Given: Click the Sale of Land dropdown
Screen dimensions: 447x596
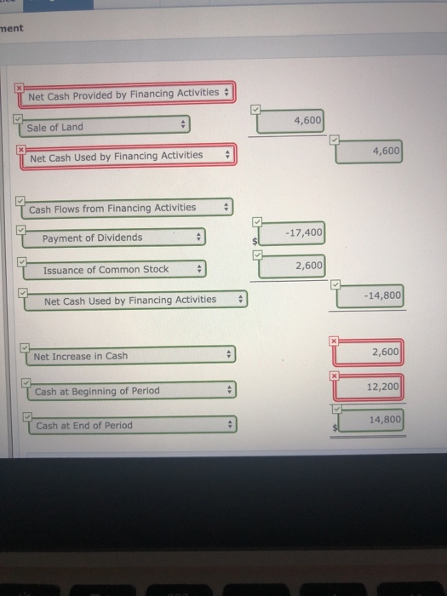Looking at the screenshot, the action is [105, 126].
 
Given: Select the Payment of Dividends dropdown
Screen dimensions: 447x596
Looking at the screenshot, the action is [114, 238].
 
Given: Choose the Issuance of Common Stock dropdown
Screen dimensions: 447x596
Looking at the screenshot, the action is [115, 270].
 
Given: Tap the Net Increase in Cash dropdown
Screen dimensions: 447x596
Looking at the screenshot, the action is [131, 355].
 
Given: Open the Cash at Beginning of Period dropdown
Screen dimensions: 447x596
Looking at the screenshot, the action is [132, 390].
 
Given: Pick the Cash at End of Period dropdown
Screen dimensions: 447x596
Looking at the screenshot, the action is [133, 425].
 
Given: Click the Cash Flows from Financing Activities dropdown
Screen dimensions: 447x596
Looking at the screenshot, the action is [128, 209].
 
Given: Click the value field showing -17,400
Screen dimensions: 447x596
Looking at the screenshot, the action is [291, 233].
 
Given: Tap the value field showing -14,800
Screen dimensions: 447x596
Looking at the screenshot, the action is [370, 295].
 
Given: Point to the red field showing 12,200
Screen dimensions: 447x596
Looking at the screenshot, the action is [369, 387].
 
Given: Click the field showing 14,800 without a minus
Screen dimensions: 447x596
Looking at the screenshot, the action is [370, 420].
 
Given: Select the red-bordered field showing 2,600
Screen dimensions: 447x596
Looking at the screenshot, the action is [368, 352].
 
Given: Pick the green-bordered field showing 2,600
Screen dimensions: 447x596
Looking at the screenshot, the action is [291, 266].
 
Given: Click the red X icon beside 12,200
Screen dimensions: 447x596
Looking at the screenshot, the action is [334, 376].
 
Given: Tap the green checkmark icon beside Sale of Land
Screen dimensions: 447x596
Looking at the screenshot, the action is [18, 119].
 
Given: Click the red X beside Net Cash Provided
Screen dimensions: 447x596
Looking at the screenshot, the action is [19, 88].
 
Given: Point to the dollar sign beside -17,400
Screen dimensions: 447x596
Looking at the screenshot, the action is [255, 241].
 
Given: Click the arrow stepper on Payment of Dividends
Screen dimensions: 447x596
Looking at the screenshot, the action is [198, 237].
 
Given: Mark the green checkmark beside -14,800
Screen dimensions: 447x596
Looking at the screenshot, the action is [335, 284].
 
